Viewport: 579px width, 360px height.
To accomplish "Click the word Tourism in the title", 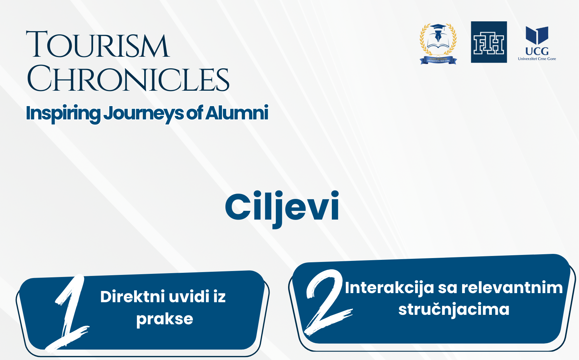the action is [x=98, y=44].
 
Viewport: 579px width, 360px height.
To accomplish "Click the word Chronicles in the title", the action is [x=128, y=79].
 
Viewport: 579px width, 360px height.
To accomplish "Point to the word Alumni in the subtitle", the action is [x=237, y=113].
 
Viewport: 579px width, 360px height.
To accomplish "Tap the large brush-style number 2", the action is [x=327, y=303].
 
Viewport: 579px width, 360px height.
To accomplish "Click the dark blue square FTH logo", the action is [x=489, y=42].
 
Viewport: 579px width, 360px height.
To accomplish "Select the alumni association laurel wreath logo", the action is [x=438, y=44].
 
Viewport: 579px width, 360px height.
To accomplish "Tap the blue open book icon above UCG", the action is [x=537, y=35].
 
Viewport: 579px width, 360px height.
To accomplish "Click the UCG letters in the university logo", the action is [x=537, y=51].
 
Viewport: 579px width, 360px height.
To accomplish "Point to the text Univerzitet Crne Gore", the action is [x=537, y=59].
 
